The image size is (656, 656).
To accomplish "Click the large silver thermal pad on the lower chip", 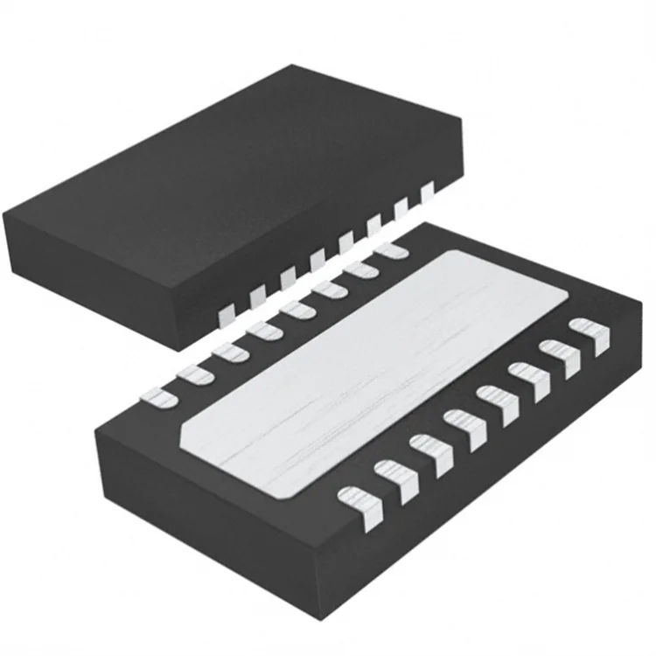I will [367, 367].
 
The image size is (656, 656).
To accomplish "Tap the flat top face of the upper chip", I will [227, 157].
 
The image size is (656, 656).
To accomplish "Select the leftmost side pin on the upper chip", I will [226, 309].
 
